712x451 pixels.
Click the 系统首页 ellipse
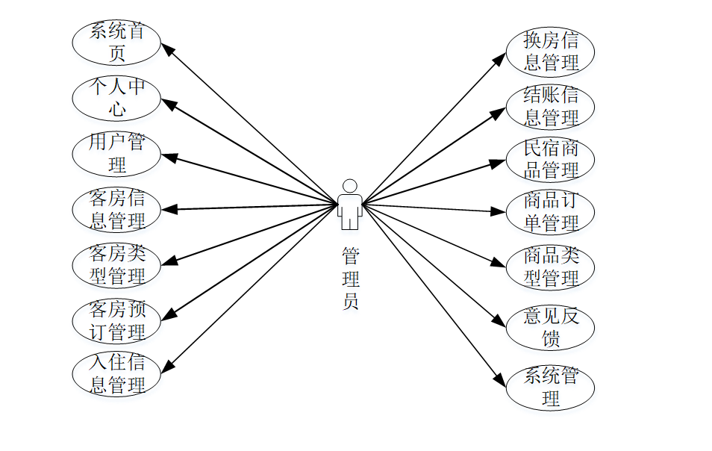coord(116,43)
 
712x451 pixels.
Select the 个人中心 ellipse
coord(116,98)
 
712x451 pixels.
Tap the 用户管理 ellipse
coord(116,152)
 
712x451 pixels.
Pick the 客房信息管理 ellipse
coord(116,210)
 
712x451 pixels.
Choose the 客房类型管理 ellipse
coord(116,265)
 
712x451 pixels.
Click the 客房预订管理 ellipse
coord(116,320)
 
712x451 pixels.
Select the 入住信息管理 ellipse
coord(116,374)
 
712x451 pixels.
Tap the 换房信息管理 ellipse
coord(550,52)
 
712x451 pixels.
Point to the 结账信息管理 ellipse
coord(550,107)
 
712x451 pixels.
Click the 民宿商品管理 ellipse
coord(550,159)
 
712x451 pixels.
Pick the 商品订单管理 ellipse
coord(550,212)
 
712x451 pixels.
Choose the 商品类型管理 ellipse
coord(550,267)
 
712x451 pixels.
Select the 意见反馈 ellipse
coord(550,327)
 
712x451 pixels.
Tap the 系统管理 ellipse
coord(550,387)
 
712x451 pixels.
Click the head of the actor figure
coord(349,186)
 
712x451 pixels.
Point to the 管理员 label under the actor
coord(350,279)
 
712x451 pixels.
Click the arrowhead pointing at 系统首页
coord(168,49)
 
